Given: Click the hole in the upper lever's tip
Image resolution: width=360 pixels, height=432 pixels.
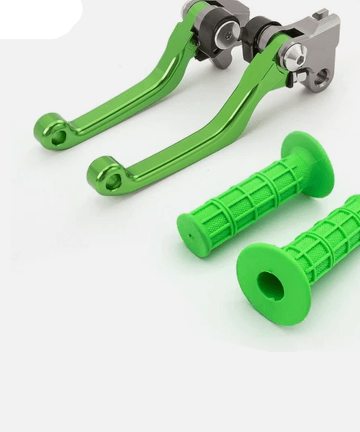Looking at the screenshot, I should click(58, 137).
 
